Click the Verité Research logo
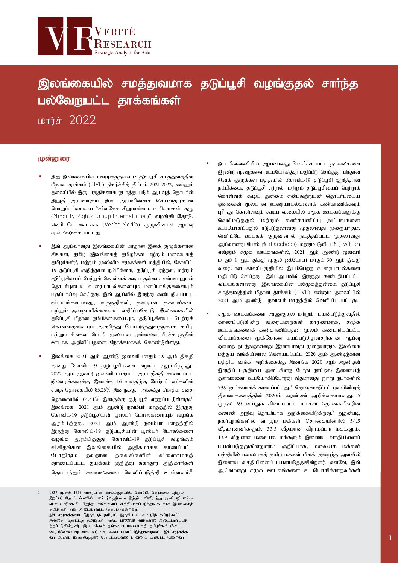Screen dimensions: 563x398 click(94, 36)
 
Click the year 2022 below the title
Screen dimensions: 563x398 click(82, 120)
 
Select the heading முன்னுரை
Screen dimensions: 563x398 click(53, 159)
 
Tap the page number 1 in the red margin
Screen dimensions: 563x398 click(390, 538)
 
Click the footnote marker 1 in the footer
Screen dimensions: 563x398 click(39, 492)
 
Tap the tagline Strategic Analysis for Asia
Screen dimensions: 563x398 click(122, 53)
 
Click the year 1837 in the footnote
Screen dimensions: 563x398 click(54, 492)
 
